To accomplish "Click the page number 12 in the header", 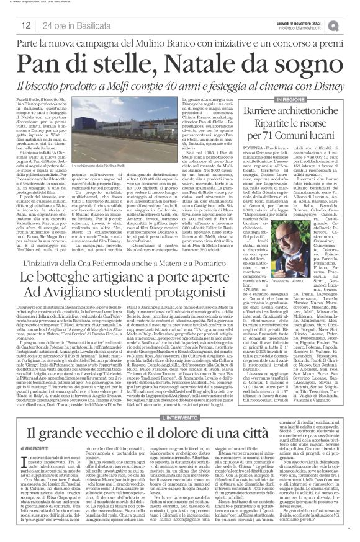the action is coord(28,24).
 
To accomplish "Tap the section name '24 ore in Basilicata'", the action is coord(73,24).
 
